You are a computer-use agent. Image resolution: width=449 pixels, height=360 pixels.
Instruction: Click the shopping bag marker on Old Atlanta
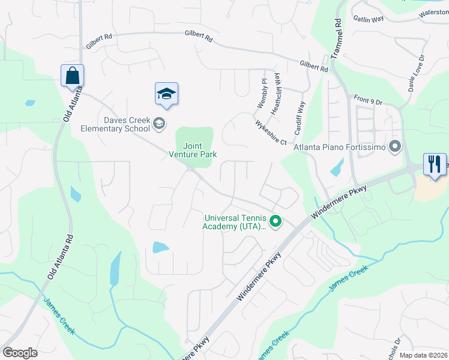72,76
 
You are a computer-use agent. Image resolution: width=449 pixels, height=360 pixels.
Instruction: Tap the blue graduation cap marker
166,94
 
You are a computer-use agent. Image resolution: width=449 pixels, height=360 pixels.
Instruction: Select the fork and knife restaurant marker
435,164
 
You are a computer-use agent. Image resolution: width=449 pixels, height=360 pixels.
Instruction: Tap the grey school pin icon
159,124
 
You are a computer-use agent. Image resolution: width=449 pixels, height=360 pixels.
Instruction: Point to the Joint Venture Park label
192,150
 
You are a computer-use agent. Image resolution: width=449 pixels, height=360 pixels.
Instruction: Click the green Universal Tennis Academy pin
276,222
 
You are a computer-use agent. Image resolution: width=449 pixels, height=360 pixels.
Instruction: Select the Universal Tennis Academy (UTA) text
235,223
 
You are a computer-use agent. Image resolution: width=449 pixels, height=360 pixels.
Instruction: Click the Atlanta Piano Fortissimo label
339,147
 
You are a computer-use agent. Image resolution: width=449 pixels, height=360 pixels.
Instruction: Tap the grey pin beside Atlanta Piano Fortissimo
394,146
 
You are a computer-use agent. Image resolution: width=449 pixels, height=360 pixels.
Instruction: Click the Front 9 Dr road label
368,101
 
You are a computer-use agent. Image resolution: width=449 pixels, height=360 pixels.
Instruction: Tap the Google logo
20,353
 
